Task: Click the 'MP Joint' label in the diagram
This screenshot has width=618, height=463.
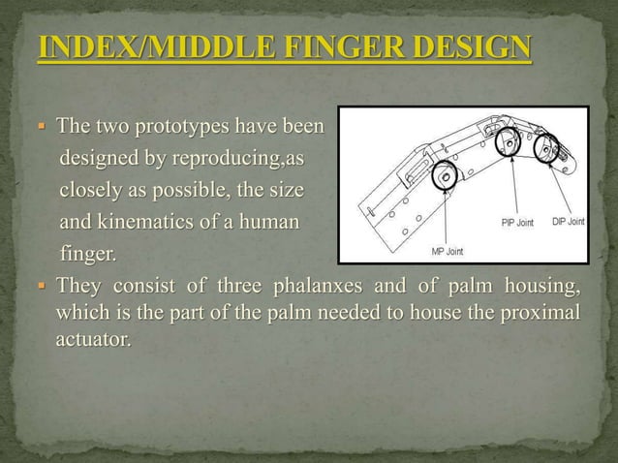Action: click(x=447, y=252)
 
